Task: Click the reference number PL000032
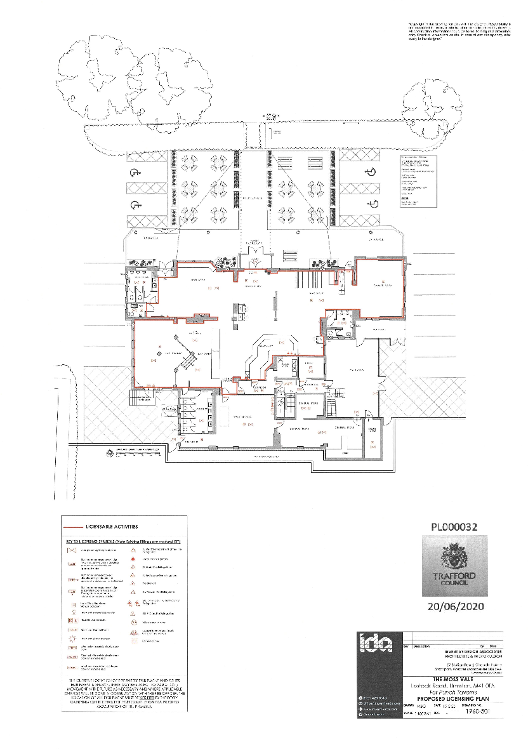coord(453,527)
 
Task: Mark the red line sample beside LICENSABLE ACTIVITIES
coord(75,527)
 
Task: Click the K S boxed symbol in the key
coord(72,620)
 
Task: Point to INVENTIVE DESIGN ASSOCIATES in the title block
coord(462,652)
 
